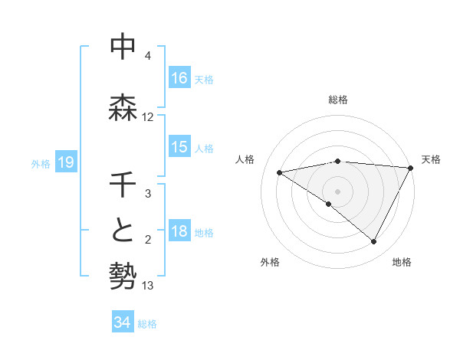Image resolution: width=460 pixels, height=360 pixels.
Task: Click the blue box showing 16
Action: pos(179,78)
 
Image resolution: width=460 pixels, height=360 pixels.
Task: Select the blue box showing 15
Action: pos(179,147)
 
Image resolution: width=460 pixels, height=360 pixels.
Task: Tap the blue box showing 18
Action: pos(179,232)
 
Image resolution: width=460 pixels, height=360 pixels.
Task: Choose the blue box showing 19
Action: pos(65,162)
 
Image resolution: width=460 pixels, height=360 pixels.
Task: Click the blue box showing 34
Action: pos(122,322)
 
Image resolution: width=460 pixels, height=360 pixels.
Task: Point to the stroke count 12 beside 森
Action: pos(148,117)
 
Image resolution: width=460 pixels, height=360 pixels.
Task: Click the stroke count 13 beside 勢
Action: pos(148,286)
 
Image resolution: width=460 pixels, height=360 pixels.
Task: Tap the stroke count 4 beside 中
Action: pos(148,56)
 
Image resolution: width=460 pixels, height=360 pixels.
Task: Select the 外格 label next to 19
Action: pos(41,163)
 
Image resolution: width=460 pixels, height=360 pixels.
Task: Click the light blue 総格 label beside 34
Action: pos(147,324)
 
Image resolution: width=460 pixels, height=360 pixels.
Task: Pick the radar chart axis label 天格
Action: pos(431,159)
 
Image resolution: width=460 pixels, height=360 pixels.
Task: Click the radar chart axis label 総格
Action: pos(337,100)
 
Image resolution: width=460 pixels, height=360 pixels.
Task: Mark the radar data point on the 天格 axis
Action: pos(410,168)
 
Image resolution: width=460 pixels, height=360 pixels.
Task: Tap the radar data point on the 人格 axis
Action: pos(279,172)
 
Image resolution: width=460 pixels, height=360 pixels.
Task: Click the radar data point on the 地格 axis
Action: pos(374,242)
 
